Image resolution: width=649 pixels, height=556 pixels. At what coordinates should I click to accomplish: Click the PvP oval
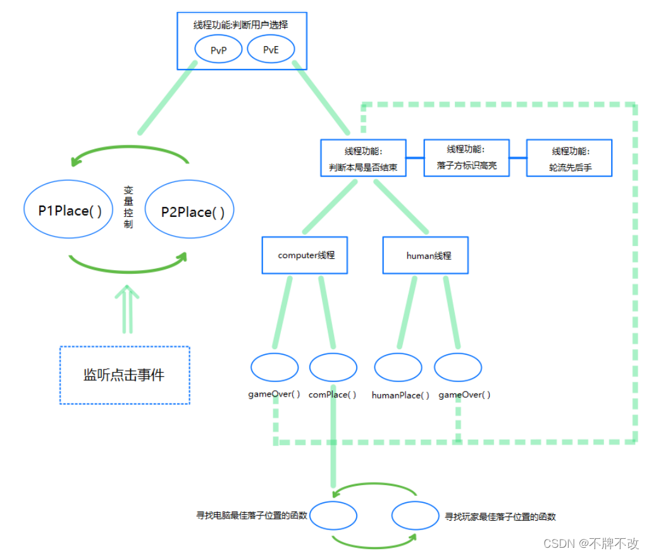(x=218, y=50)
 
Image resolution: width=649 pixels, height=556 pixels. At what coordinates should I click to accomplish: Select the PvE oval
(x=271, y=50)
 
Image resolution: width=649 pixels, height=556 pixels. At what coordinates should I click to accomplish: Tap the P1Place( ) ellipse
(x=70, y=211)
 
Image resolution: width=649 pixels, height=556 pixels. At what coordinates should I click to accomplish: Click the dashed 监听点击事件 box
(x=124, y=374)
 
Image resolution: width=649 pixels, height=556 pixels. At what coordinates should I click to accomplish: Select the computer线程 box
(x=305, y=256)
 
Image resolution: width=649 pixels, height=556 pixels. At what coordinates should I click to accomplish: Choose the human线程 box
(x=426, y=256)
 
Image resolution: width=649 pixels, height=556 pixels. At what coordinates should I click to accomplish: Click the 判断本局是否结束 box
(x=363, y=158)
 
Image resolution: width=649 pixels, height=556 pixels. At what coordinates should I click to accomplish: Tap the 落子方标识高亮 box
(x=466, y=158)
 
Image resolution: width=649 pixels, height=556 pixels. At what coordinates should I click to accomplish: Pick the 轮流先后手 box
(x=569, y=159)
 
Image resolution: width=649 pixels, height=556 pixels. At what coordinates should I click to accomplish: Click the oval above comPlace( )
(x=333, y=368)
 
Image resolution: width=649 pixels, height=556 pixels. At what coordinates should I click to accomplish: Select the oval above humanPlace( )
(x=398, y=368)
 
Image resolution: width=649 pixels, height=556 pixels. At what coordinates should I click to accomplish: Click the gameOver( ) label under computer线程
(x=274, y=394)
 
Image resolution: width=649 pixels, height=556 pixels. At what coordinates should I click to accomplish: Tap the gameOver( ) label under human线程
(x=464, y=395)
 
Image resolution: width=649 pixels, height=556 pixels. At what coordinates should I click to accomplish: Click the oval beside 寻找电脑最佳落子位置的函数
(x=333, y=516)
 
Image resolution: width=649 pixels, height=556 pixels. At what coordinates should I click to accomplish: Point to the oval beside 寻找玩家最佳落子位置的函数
(x=415, y=516)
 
